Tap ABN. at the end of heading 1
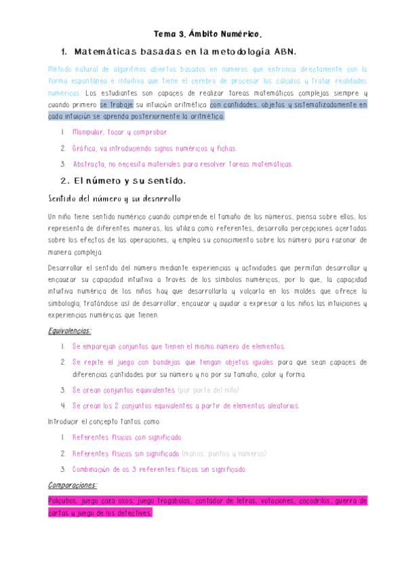point(284,52)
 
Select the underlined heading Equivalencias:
point(70,331)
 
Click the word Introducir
point(64,421)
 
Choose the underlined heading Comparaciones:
point(73,485)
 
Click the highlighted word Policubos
point(64,501)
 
